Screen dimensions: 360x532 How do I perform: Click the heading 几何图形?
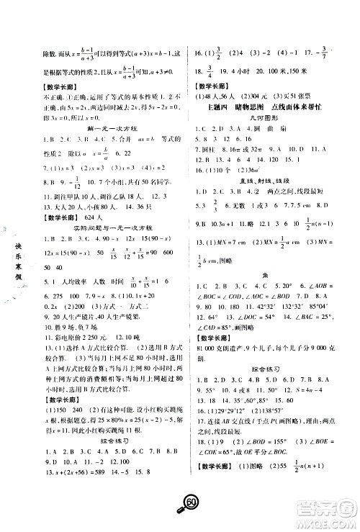point(266,127)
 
